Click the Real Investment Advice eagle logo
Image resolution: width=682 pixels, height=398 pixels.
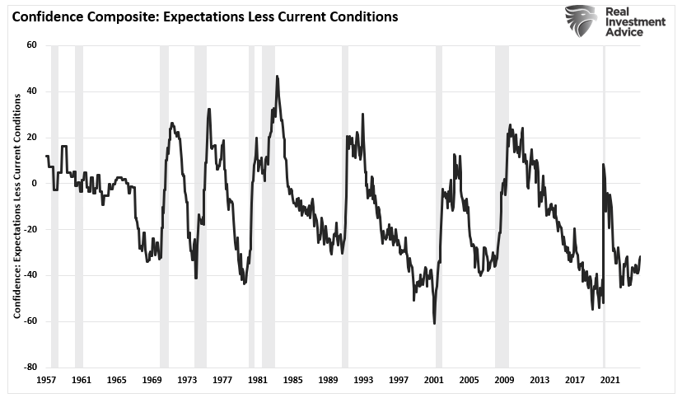point(580,22)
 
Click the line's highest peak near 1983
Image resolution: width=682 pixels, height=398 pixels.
point(277,77)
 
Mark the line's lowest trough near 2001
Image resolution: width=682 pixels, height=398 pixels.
point(434,323)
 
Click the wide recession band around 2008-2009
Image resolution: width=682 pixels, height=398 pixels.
point(502,206)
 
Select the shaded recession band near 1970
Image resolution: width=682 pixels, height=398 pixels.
point(164,206)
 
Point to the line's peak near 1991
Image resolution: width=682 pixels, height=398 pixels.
point(362,115)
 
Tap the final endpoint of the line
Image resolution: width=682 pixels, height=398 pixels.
point(640,256)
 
